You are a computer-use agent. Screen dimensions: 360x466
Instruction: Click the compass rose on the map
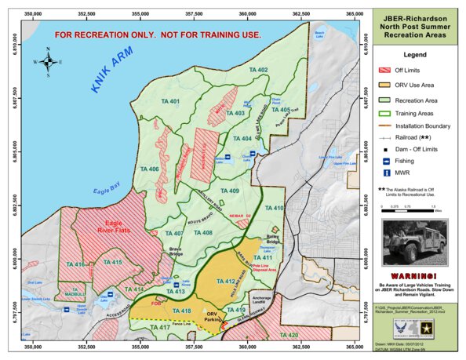point(48,61)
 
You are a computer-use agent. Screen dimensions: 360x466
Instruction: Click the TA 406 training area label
point(149,169)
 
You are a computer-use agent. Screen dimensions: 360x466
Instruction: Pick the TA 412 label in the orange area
point(225,280)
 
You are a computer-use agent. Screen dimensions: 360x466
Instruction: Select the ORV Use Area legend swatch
point(384,86)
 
